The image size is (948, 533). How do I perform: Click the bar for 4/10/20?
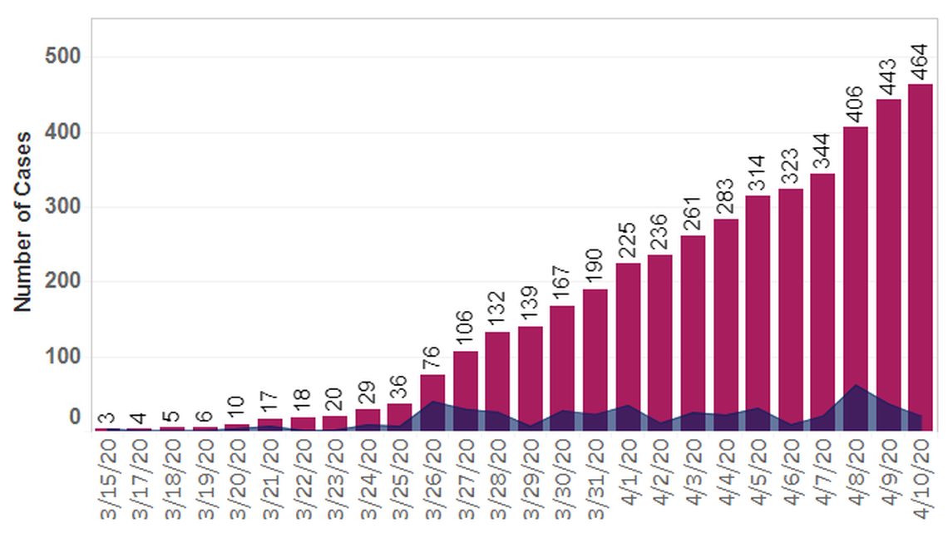click(x=920, y=249)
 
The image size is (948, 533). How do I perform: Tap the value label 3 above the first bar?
click(x=106, y=418)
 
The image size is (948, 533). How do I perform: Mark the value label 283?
click(x=725, y=197)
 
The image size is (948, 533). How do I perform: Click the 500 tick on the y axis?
click(x=62, y=57)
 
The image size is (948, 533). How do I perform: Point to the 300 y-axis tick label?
click(x=62, y=207)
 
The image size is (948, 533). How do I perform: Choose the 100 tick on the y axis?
click(x=62, y=358)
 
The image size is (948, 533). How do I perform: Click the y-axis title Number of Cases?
click(x=22, y=221)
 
